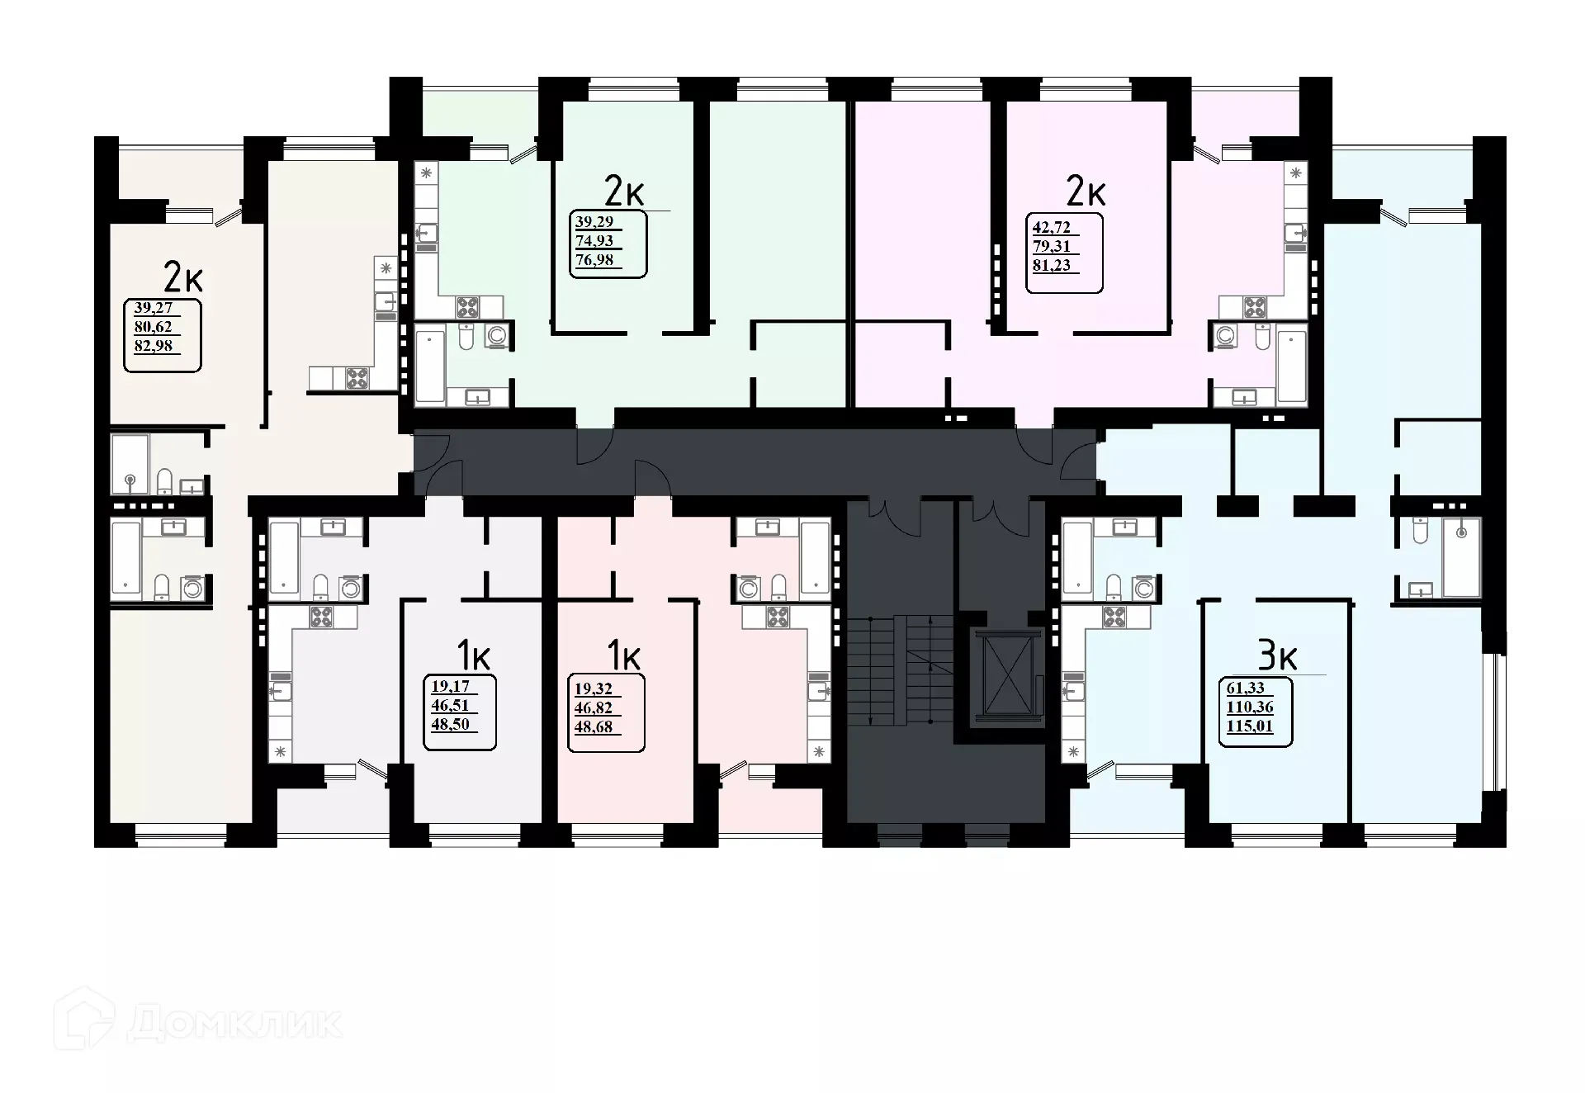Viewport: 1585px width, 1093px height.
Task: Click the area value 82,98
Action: [x=154, y=346]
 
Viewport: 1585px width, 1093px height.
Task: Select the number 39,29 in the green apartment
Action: [x=594, y=221]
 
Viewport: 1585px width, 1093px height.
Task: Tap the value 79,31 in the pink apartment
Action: [x=1051, y=246]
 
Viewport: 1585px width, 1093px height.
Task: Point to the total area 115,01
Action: [x=1250, y=727]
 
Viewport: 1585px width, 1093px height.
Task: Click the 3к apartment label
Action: [x=1277, y=656]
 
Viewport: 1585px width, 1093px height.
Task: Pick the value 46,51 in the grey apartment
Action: [x=449, y=705]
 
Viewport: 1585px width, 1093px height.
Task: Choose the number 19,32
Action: [x=593, y=688]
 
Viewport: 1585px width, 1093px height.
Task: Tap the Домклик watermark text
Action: [x=235, y=1024]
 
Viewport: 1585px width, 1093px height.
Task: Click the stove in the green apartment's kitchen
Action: [x=467, y=308]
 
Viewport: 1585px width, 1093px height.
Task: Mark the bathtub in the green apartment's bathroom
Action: [x=429, y=366]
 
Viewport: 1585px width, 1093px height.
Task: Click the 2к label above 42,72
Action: [x=1085, y=192]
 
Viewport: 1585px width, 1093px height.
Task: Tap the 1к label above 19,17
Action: [x=473, y=656]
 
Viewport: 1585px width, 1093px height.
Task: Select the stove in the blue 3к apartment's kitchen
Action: [x=1114, y=617]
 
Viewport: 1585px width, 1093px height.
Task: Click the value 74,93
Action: [x=594, y=241]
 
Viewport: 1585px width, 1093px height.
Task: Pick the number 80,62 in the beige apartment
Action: [x=154, y=327]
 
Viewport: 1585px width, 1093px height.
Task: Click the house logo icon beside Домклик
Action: [x=84, y=1020]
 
